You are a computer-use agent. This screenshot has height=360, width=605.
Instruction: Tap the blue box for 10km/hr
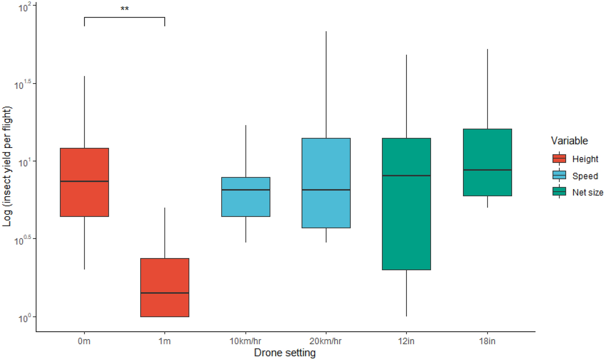click(246, 201)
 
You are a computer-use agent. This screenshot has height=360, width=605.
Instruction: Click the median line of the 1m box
click(165, 293)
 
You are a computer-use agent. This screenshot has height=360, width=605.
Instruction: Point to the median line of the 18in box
click(487, 170)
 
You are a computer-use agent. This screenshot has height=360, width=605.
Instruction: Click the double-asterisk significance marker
click(125, 9)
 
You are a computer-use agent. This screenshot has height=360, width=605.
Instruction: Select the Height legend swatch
click(559, 159)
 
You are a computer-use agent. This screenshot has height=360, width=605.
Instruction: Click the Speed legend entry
click(585, 176)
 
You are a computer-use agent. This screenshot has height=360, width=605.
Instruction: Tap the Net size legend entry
click(587, 193)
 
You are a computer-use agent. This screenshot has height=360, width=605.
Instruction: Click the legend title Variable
click(569, 141)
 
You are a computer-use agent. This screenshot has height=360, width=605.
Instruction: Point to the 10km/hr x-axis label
click(245, 341)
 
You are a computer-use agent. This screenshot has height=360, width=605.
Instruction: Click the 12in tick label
click(406, 341)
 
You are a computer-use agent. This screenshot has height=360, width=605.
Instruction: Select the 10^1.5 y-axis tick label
click(23, 85)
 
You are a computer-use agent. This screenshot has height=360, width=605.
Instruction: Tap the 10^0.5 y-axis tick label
click(23, 240)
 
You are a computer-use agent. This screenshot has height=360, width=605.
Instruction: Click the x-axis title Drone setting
click(285, 353)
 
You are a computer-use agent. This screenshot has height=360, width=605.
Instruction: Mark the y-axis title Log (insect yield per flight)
click(7, 167)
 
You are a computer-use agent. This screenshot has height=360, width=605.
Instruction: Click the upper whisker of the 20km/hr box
click(326, 84)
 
